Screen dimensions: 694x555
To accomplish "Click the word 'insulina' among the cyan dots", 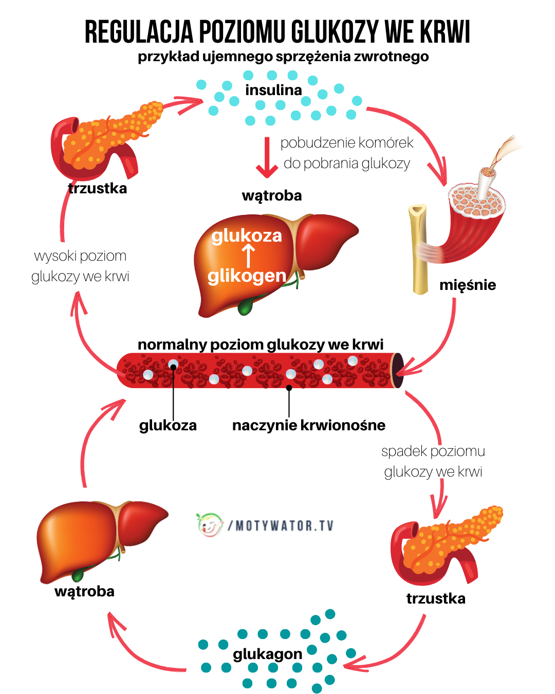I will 273,90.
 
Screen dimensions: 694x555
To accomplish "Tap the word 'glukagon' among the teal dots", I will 267,654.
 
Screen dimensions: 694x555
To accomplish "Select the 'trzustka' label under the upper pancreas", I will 98,188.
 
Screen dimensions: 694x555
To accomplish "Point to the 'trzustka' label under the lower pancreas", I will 436,598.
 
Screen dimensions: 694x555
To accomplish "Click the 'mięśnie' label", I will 468,285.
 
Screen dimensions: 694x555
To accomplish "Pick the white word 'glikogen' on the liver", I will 247,276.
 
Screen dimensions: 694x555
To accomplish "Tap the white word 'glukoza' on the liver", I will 247,235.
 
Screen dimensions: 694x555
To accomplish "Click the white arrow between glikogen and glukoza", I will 248,255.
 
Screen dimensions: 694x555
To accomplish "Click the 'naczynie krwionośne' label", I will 308,426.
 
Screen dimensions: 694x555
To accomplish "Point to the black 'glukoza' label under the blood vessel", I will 168,426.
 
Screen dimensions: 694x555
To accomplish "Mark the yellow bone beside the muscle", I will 419,249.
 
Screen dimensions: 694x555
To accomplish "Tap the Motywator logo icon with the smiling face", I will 210,525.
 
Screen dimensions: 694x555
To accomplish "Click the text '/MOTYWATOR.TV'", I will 281,526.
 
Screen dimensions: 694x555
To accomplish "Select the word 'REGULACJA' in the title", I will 139,32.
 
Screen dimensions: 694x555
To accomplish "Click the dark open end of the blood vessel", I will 398,370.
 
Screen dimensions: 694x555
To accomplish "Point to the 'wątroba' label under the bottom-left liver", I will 84,591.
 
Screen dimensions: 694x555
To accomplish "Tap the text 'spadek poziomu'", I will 433,451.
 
